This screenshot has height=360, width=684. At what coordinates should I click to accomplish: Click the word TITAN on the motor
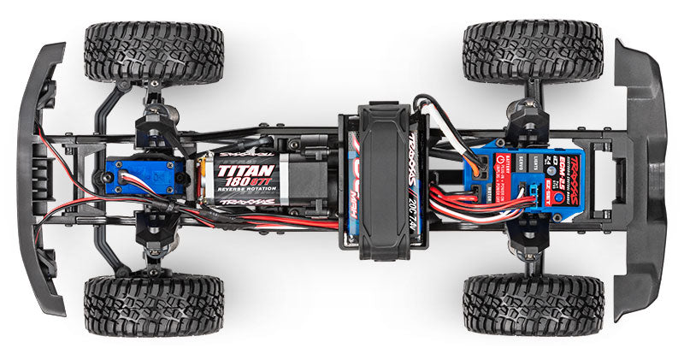[233, 170]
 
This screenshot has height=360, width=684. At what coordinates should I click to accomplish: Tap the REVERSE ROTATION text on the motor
[234, 192]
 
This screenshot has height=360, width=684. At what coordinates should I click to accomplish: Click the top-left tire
[154, 52]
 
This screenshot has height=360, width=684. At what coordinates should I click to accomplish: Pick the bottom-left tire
[154, 304]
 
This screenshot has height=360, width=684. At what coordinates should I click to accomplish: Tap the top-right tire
[533, 52]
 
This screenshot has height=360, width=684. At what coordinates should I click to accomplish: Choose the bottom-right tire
[533, 304]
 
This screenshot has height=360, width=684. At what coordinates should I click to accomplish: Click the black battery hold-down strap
[383, 180]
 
